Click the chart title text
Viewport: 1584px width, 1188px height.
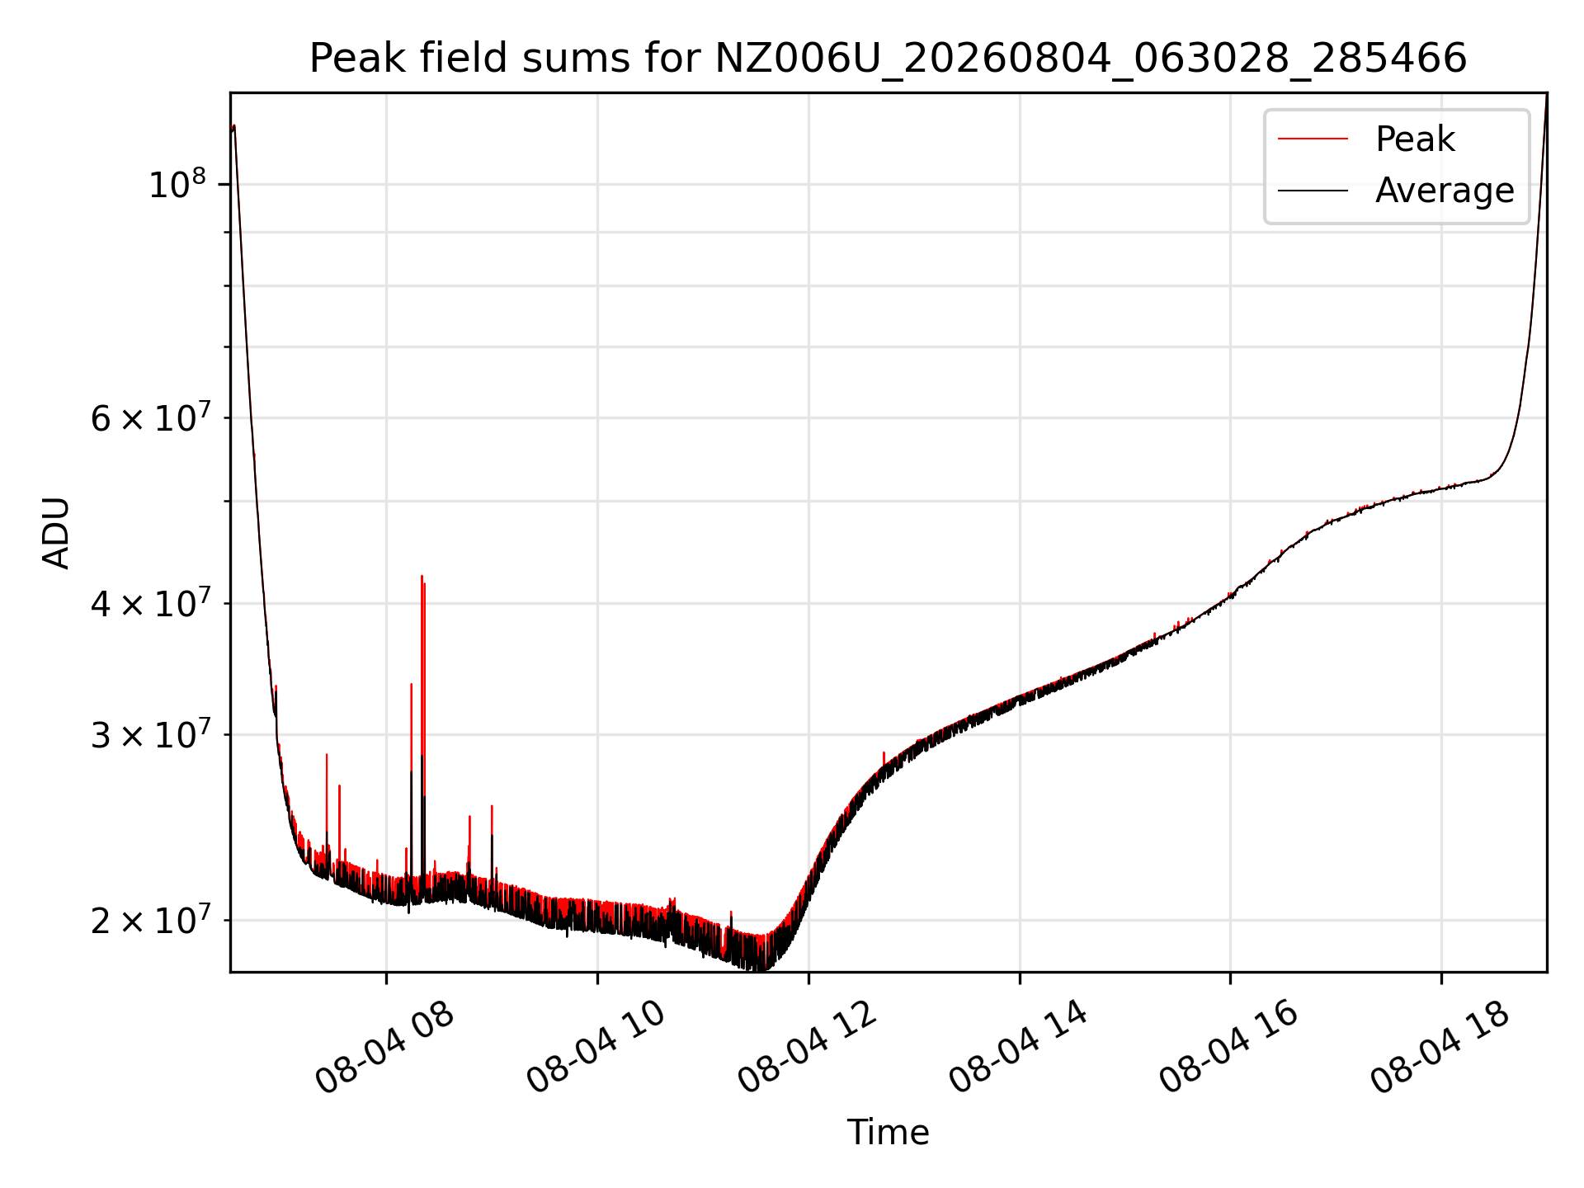(888, 59)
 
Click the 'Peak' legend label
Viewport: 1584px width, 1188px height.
(1415, 139)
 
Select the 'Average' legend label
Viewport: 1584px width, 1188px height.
(1445, 191)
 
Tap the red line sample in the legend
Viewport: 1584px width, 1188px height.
(1313, 139)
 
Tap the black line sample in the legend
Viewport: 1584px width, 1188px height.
(1313, 191)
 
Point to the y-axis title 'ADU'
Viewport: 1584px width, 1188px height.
(56, 533)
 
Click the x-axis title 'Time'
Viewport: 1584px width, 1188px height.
(888, 1133)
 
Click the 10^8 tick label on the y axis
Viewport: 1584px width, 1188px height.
(177, 183)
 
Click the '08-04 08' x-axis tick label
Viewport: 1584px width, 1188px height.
(385, 1048)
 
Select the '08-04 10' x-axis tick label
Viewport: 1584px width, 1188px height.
(596, 1048)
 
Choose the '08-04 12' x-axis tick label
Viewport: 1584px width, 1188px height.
(807, 1048)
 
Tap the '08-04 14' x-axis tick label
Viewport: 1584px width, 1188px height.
(1018, 1048)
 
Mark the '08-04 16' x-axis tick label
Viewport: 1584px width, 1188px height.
(1229, 1048)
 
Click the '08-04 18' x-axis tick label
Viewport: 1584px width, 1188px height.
(1440, 1048)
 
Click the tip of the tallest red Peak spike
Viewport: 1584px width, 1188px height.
(422, 576)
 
